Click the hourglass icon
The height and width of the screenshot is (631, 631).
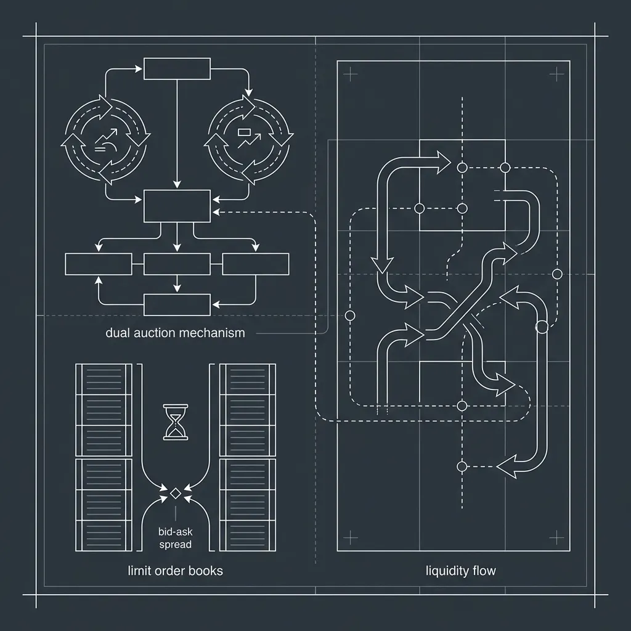pyautogui.click(x=176, y=422)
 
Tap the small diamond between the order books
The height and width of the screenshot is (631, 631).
pyautogui.click(x=176, y=494)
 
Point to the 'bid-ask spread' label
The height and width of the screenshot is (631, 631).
pyautogui.click(x=176, y=538)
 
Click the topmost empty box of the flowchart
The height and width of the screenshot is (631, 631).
pyautogui.click(x=177, y=69)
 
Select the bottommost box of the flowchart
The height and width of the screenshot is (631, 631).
pyautogui.click(x=177, y=304)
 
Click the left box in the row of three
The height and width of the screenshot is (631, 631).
pyautogui.click(x=99, y=264)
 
